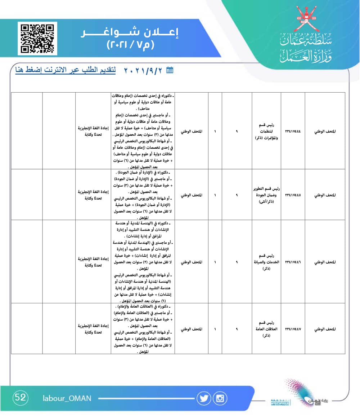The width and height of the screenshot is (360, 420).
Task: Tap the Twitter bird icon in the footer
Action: tap(204, 398)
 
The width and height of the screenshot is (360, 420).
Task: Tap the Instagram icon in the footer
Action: tap(220, 398)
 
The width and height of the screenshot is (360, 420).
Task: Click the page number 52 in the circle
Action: tap(20, 398)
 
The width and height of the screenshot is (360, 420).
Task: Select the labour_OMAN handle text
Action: tap(67, 398)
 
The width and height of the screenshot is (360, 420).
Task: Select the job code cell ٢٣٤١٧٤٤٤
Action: tap(293, 131)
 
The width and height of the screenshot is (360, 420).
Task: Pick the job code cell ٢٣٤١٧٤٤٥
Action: tap(293, 195)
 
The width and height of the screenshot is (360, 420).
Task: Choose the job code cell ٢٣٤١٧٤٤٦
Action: tap(293, 262)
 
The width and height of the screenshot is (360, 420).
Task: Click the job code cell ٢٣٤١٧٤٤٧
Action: tap(293, 329)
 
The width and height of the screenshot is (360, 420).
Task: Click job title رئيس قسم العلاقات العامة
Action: tap(267, 329)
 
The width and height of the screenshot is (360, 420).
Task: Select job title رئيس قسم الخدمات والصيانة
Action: tap(267, 262)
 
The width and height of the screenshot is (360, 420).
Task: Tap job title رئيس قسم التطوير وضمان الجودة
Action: tap(267, 195)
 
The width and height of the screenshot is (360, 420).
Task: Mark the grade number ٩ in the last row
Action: tap(237, 329)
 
